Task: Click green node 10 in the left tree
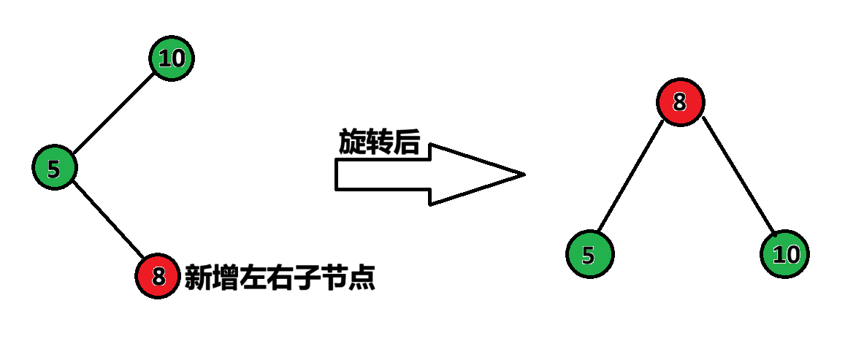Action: click(172, 58)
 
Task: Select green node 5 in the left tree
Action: click(54, 168)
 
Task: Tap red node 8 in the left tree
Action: click(157, 276)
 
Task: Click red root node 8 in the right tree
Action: click(680, 102)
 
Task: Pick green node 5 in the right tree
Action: click(590, 254)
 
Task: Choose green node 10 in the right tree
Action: click(785, 255)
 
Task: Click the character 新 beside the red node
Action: click(198, 277)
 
